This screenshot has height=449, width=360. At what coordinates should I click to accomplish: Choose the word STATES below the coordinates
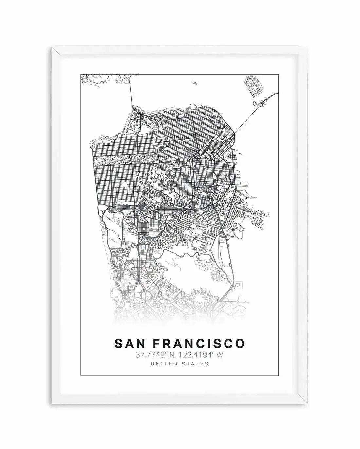(197, 364)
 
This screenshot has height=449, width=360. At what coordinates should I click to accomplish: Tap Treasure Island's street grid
(254, 86)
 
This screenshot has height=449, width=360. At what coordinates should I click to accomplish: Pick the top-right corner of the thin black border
(279, 75)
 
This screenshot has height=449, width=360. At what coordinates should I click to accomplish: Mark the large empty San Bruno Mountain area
(183, 272)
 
